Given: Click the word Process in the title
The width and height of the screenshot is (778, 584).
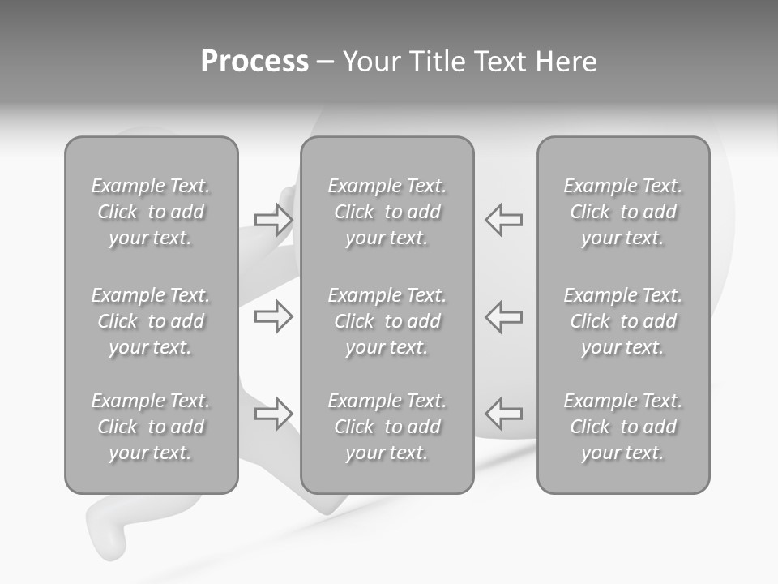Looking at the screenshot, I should click(254, 62).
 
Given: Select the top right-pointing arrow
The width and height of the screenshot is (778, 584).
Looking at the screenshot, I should click(273, 220).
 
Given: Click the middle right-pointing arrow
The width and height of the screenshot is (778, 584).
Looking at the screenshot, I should click(273, 316).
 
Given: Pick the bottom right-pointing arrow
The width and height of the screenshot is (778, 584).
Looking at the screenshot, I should click(273, 414).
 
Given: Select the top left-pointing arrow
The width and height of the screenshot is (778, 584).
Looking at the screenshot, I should click(504, 219).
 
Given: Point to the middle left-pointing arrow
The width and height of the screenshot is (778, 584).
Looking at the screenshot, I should click(504, 316).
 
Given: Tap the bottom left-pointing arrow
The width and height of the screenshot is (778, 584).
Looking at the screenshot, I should click(504, 413).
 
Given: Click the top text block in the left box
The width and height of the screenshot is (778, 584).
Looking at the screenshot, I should click(151, 212).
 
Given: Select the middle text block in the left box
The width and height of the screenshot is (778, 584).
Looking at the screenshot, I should click(151, 321).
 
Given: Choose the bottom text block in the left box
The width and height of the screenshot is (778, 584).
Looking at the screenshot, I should click(151, 427).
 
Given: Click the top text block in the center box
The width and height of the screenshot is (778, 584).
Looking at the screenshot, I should click(387, 212).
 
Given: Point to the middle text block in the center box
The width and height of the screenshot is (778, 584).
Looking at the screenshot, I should click(387, 321).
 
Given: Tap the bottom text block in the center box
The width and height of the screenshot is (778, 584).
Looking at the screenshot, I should click(387, 427).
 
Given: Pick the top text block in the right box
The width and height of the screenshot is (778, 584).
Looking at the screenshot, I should click(622, 212).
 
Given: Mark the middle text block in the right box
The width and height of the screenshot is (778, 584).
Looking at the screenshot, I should click(622, 321).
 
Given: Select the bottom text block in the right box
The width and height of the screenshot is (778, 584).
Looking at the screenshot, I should click(622, 427).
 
